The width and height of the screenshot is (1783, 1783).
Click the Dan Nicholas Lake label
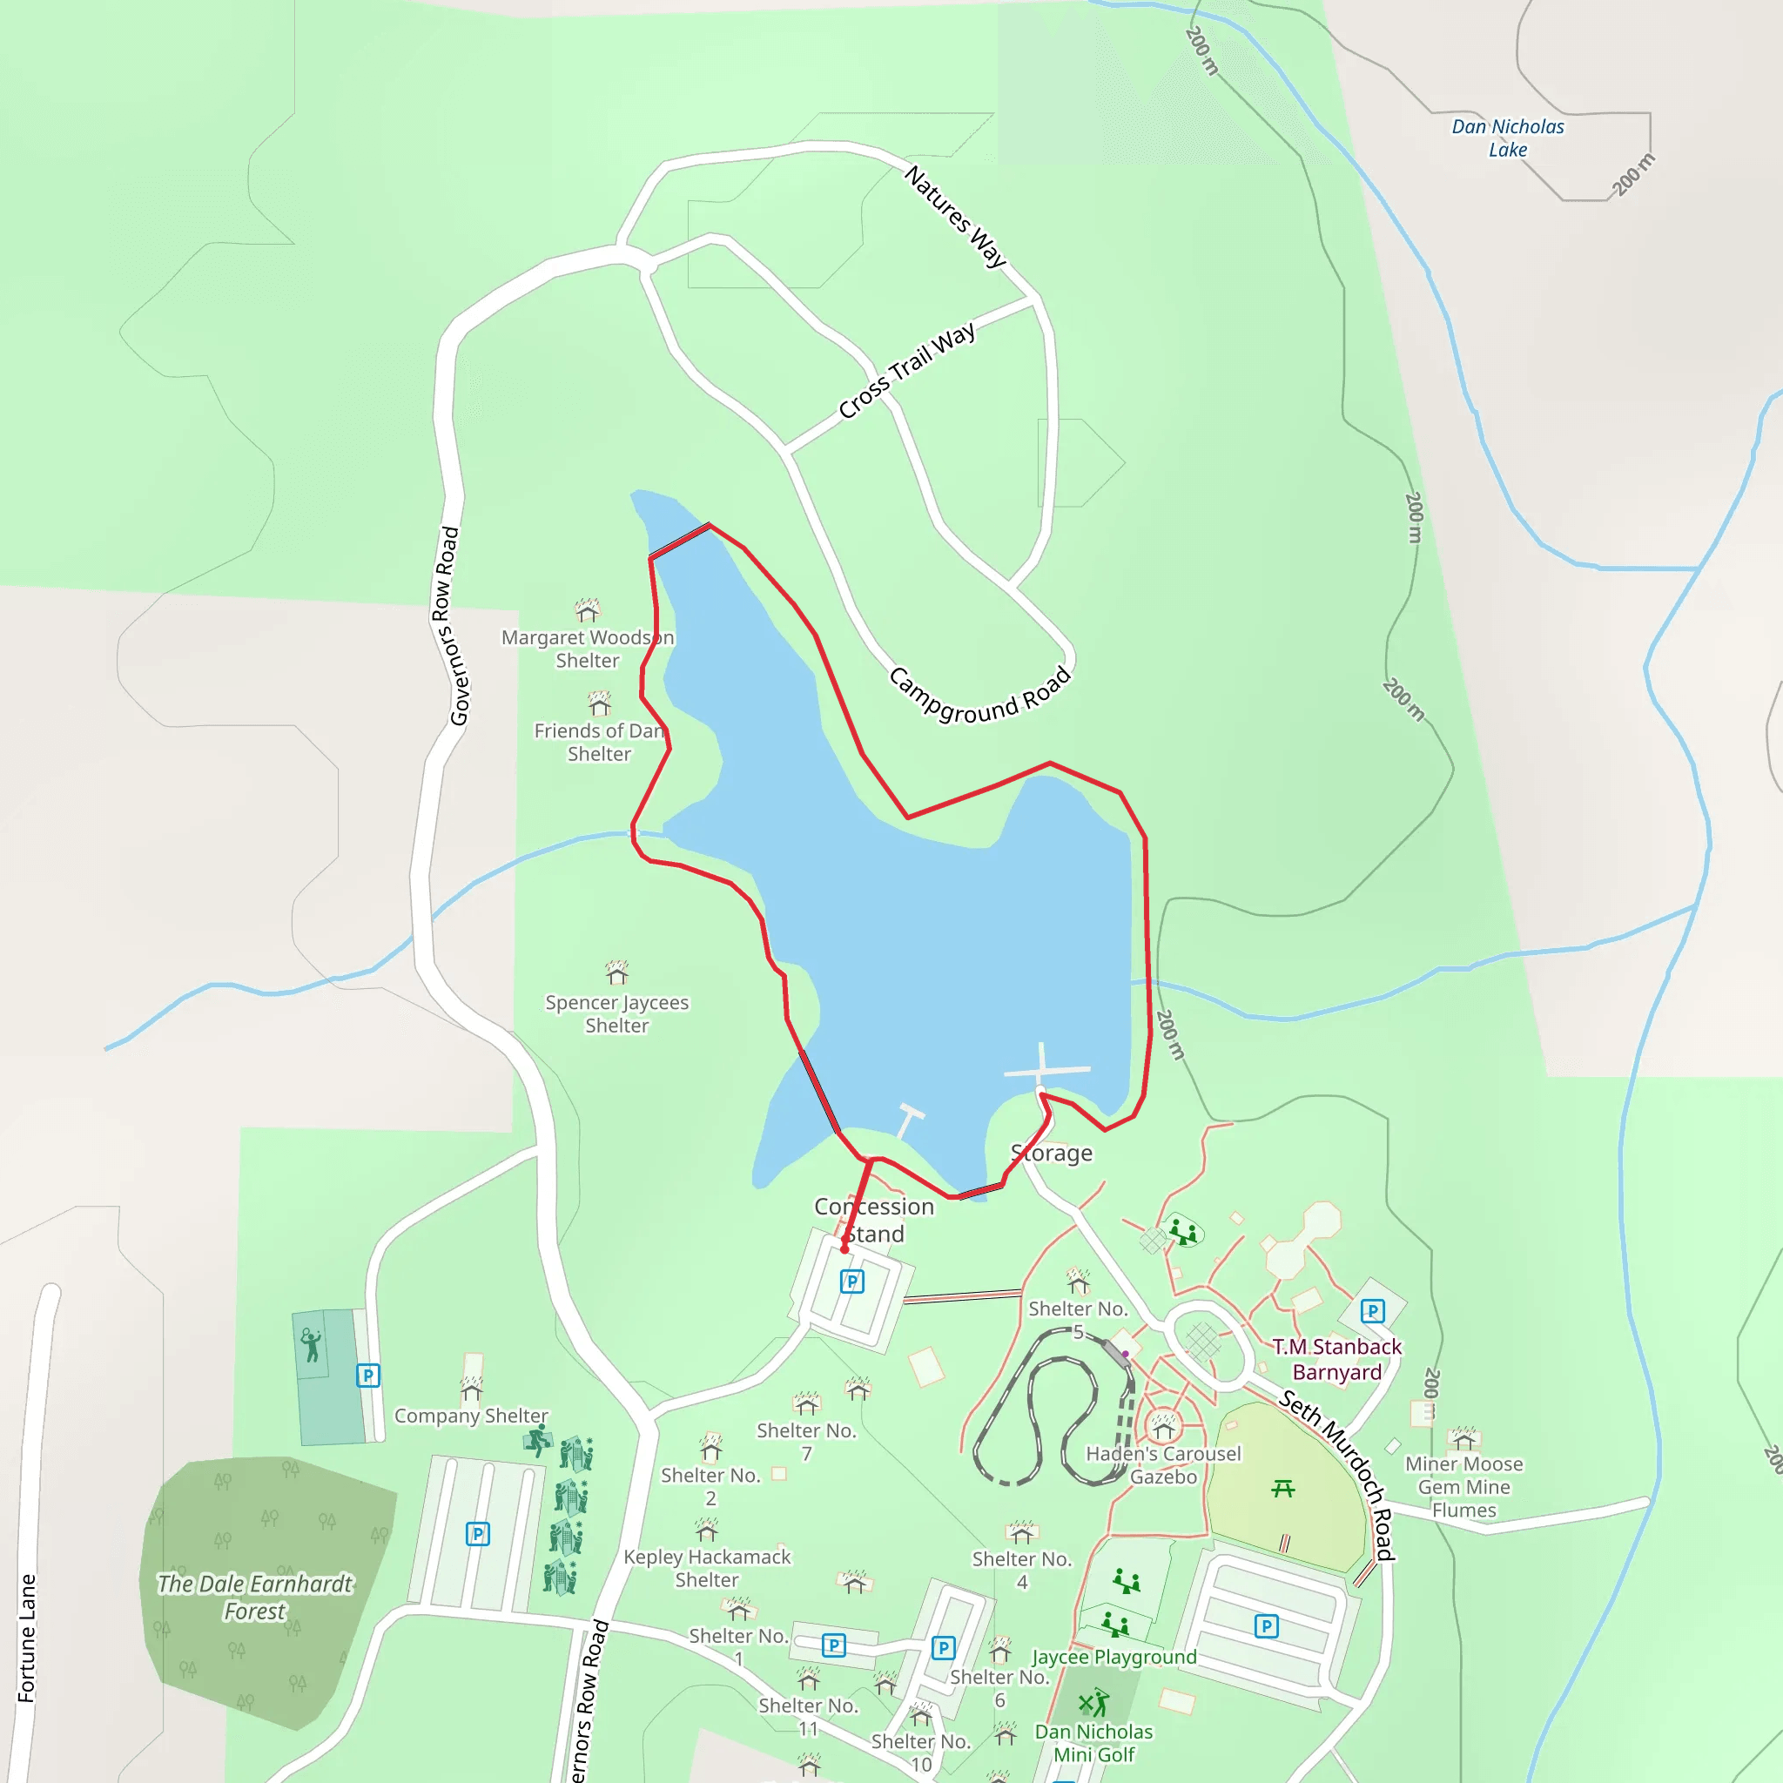(x=1507, y=138)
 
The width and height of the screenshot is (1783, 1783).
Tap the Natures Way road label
(x=954, y=216)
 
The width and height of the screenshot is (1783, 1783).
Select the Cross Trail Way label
(x=906, y=371)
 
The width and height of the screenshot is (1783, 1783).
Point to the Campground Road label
(x=980, y=695)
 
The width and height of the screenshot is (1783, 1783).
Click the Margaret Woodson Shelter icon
(x=588, y=610)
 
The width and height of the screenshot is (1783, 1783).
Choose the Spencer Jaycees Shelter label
(x=616, y=1013)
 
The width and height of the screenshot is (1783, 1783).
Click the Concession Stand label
(x=874, y=1219)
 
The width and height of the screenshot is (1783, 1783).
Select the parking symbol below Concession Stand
(x=851, y=1281)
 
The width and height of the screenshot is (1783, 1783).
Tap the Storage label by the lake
(x=1052, y=1153)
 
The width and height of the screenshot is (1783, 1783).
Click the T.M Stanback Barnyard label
(x=1337, y=1359)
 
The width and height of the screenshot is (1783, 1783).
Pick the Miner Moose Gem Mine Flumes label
(x=1463, y=1487)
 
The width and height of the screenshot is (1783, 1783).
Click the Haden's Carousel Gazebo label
(x=1164, y=1465)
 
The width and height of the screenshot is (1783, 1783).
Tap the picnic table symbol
(x=1282, y=1489)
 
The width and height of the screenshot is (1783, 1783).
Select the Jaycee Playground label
(x=1114, y=1657)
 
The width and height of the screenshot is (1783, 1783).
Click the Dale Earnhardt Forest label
(x=255, y=1598)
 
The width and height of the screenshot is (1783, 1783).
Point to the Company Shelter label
(x=471, y=1416)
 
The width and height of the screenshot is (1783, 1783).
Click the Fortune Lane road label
(x=27, y=1638)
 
